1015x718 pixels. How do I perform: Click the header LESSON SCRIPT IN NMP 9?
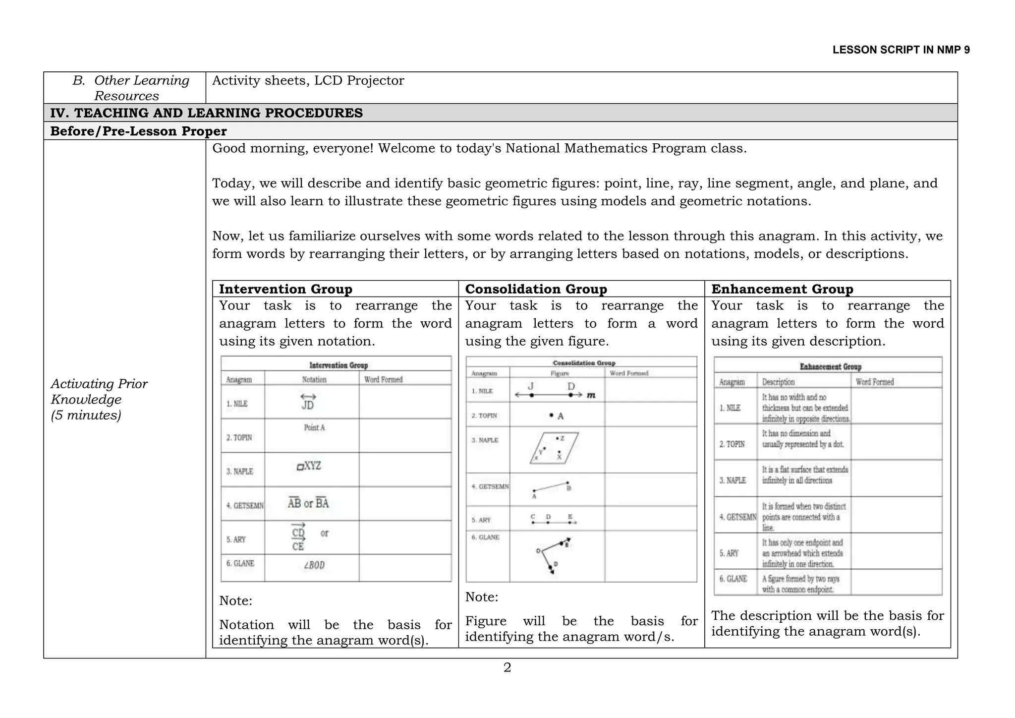(901, 50)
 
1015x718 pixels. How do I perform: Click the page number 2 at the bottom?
(507, 667)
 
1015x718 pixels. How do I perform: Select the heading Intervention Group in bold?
(285, 289)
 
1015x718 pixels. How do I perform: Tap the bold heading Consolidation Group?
(536, 289)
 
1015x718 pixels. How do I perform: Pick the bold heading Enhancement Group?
(782, 289)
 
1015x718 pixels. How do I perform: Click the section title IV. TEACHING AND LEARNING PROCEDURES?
(206, 113)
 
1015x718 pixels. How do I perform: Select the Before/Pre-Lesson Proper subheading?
(138, 131)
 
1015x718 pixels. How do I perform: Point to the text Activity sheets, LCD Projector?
(308, 80)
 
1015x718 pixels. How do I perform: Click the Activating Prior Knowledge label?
(99, 399)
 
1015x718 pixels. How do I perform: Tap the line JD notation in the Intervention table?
(308, 402)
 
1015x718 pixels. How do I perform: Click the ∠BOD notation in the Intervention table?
(314, 565)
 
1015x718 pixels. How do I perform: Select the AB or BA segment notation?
(308, 503)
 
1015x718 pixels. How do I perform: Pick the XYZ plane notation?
(309, 466)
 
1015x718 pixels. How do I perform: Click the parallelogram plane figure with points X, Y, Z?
(554, 448)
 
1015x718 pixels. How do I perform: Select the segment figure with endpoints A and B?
(551, 488)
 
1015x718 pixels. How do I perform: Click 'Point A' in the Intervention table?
(314, 427)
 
